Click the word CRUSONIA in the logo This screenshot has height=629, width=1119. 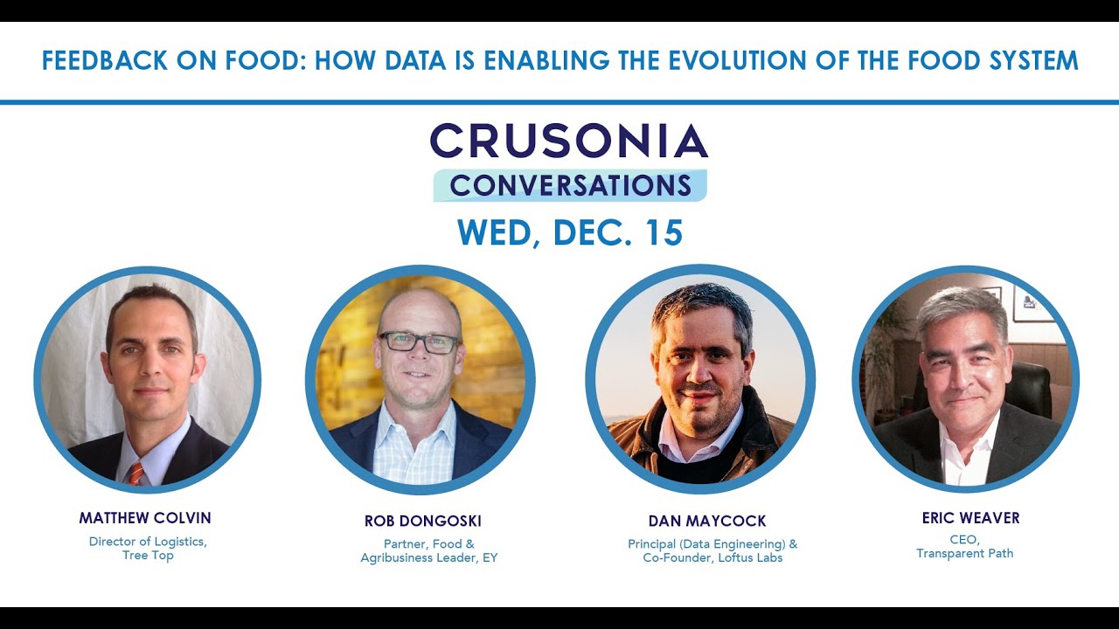point(568,140)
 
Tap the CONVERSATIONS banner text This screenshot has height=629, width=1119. point(570,185)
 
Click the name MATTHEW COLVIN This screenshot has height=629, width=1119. point(145,518)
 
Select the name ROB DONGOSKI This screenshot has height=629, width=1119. point(423,522)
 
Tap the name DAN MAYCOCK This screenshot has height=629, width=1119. point(707,522)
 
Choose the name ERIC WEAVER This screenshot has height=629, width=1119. point(970,518)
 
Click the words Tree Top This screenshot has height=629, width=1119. point(148,556)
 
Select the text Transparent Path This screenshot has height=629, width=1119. point(964,553)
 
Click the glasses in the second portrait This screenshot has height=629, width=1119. point(419,342)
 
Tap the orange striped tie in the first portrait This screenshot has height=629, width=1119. point(136,473)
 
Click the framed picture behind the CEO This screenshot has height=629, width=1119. point(1032,302)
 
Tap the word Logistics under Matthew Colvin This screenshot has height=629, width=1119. point(177,542)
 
